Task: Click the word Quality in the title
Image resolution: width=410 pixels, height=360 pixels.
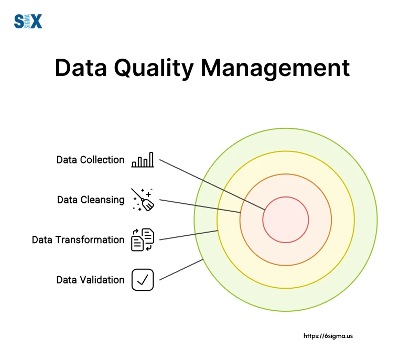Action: (152, 69)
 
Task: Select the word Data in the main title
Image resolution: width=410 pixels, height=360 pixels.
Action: (79, 69)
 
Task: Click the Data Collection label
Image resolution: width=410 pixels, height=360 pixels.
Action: (90, 159)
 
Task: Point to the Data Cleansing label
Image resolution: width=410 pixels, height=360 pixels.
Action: (91, 200)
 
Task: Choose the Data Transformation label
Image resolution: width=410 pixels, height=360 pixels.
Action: (78, 239)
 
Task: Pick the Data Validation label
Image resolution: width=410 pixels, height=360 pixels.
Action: (90, 280)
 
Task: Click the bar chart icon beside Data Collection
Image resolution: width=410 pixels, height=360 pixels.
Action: (143, 159)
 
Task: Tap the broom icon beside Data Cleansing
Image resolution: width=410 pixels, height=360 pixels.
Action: (143, 199)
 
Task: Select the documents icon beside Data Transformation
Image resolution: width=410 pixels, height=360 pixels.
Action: (143, 239)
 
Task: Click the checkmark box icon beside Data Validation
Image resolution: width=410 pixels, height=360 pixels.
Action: (143, 280)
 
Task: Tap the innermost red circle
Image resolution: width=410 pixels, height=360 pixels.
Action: (286, 220)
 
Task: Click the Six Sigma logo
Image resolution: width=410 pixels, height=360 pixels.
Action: (27, 21)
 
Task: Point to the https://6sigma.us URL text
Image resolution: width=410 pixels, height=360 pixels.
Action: (328, 336)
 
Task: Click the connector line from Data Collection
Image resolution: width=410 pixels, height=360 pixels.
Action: (210, 183)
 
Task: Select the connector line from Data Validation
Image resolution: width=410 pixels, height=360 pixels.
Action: (181, 269)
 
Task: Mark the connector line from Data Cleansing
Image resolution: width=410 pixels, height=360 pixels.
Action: (199, 206)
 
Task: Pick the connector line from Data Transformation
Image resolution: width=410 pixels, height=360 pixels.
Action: (189, 235)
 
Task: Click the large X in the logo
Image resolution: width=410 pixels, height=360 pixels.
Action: (36, 21)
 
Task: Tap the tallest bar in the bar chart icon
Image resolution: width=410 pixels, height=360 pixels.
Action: (152, 159)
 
